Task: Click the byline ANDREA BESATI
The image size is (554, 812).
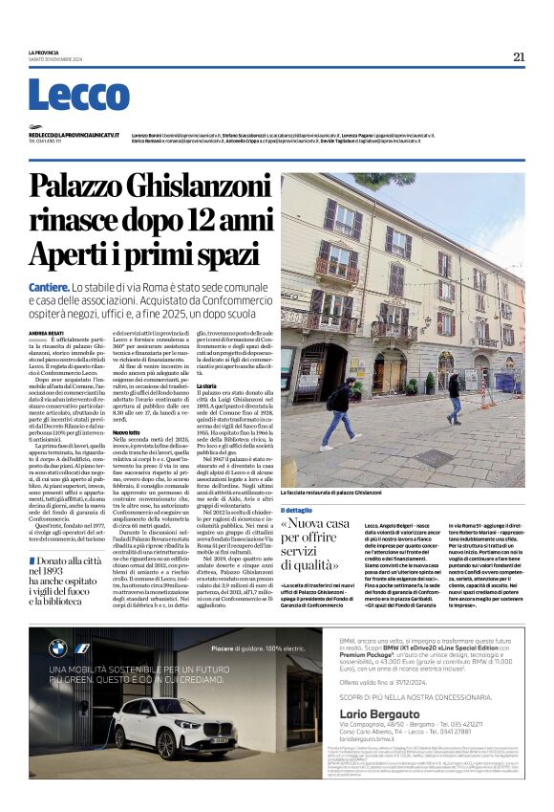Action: tap(46, 333)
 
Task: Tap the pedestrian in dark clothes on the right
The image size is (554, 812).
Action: tap(453, 397)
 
